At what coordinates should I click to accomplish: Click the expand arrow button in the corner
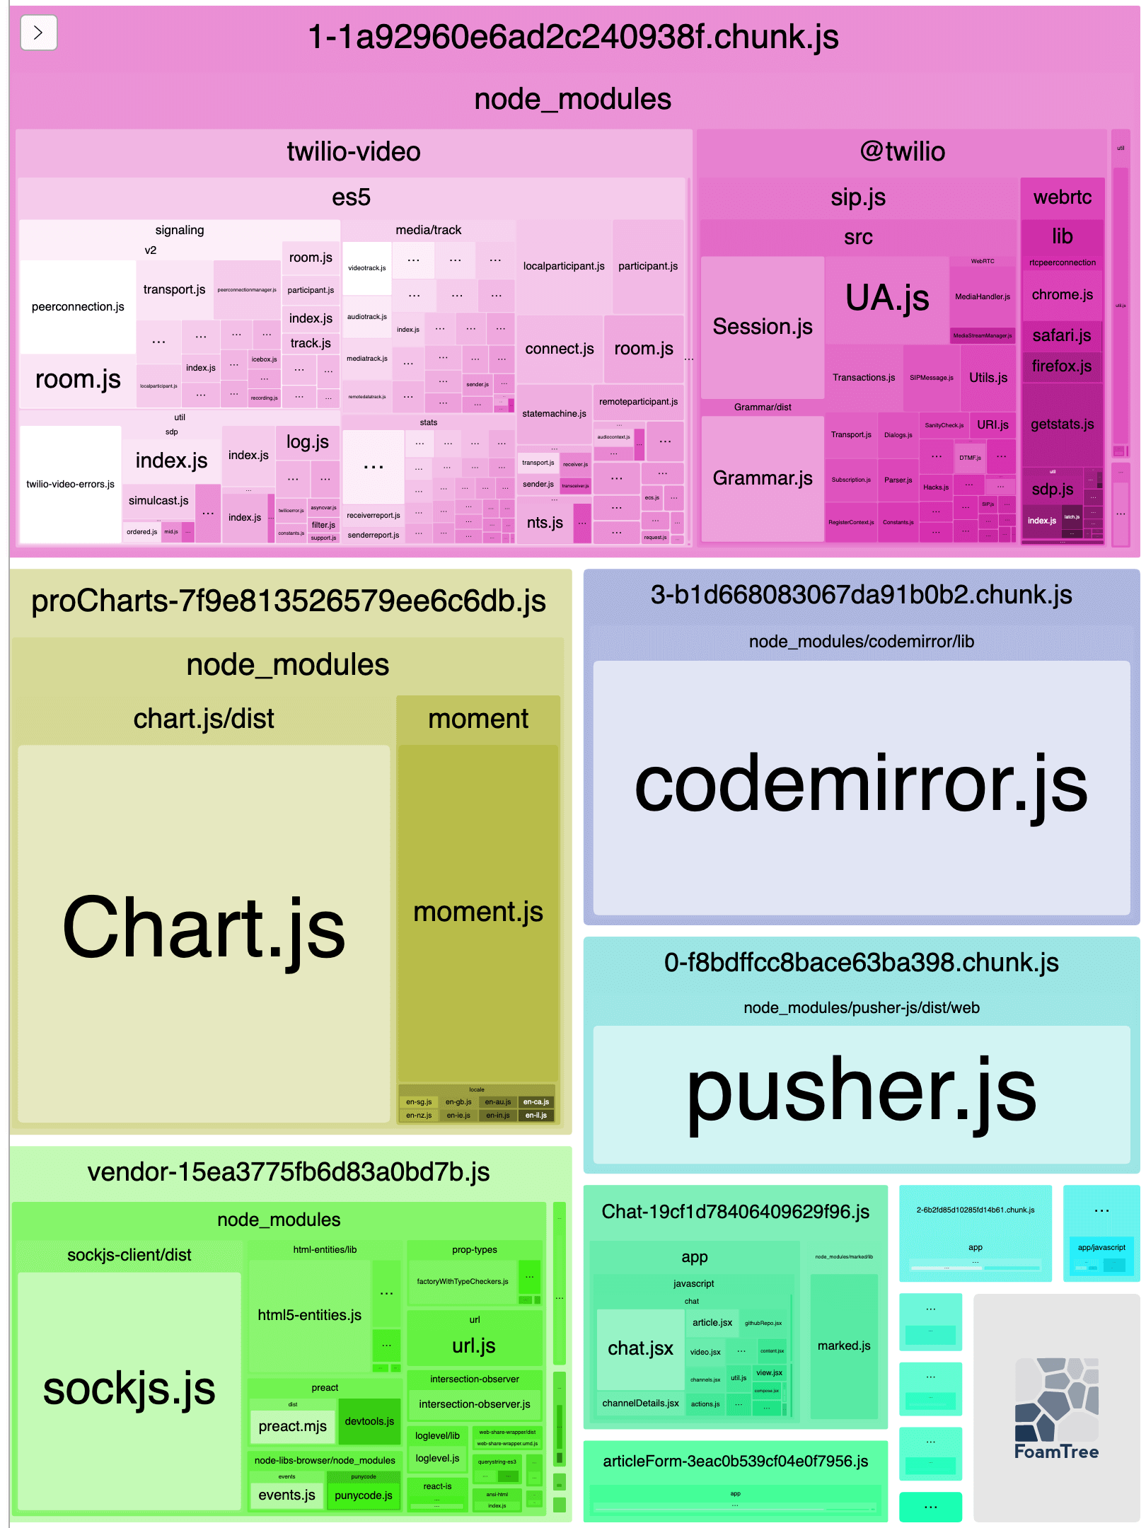[38, 33]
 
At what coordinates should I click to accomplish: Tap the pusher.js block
[861, 1093]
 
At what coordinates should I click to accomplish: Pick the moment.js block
[478, 913]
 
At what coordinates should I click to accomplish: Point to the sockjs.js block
[129, 1389]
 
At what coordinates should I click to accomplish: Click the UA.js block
[887, 298]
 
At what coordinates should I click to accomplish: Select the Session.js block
[762, 327]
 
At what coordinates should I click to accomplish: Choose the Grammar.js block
[762, 478]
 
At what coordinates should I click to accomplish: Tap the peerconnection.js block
[78, 306]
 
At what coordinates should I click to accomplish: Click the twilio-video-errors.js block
[70, 484]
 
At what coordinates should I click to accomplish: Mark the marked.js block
[844, 1345]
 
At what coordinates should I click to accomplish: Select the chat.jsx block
[640, 1348]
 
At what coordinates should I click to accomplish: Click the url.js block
[474, 1345]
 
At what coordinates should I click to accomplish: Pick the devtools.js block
[369, 1421]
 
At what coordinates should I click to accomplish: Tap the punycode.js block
[363, 1495]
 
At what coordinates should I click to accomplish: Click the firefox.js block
[1061, 366]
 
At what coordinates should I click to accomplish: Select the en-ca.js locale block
[536, 1102]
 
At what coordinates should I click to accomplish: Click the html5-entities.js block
[309, 1315]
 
